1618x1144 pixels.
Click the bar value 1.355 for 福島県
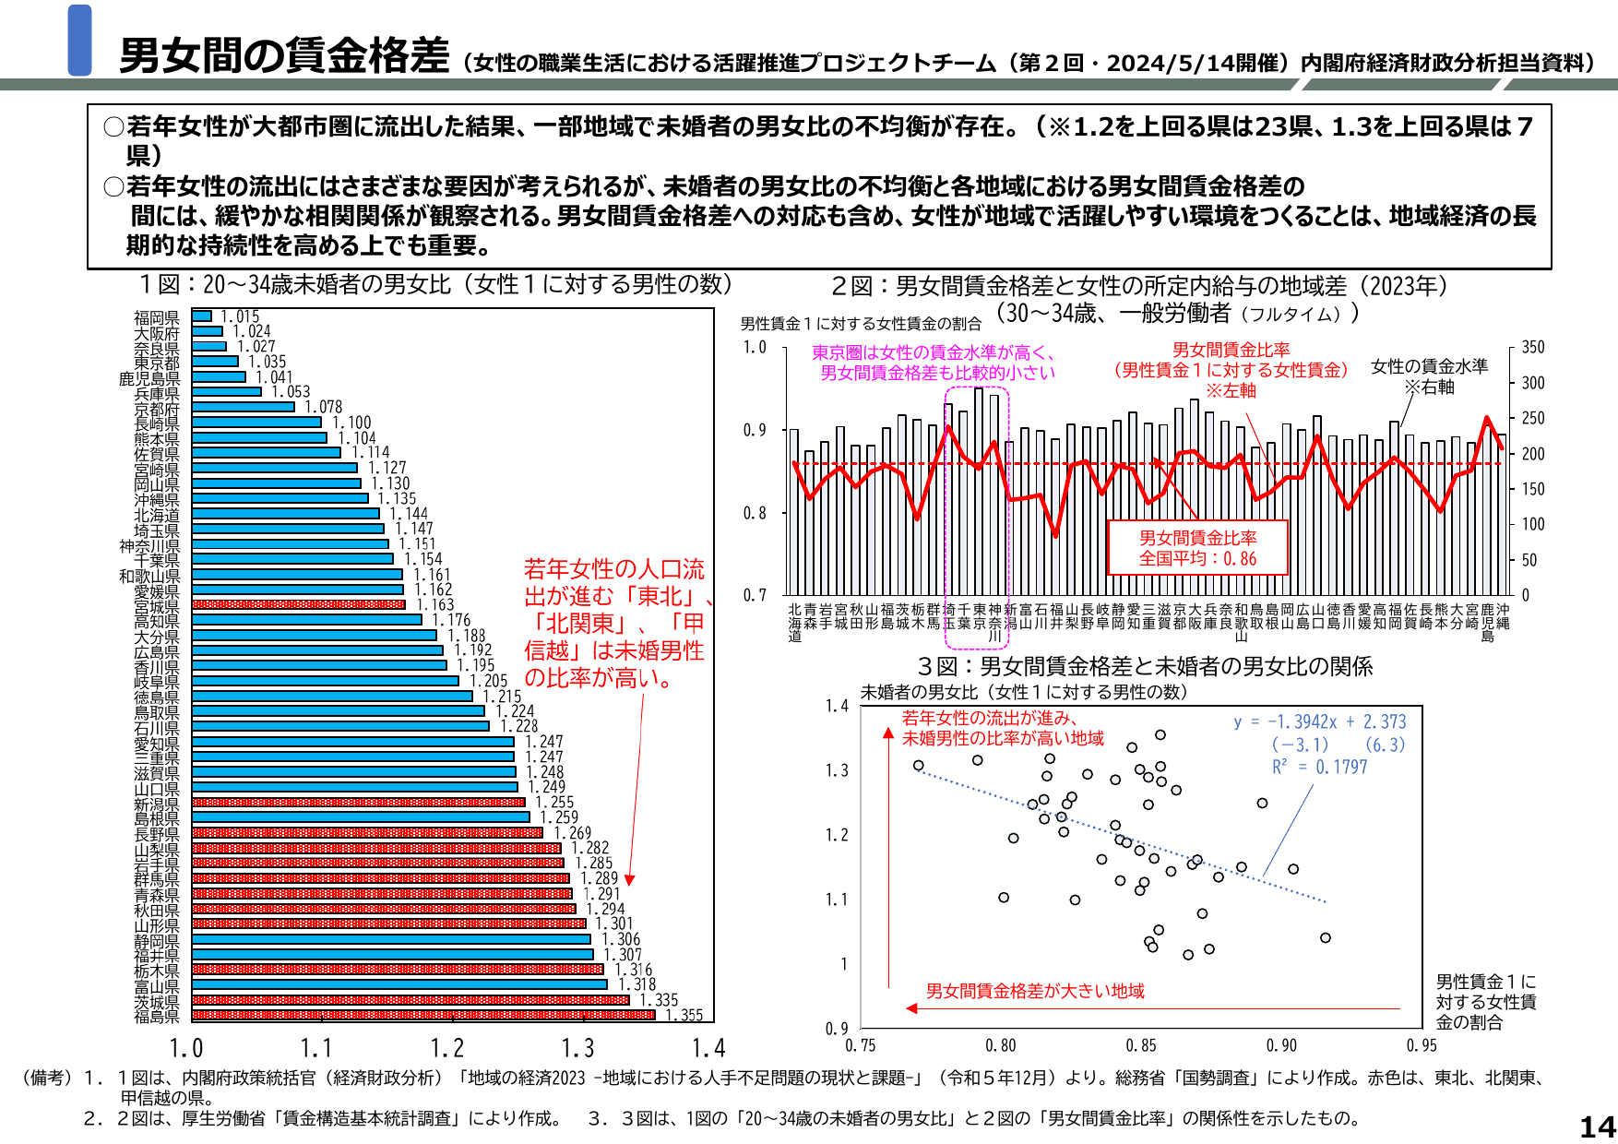point(684,1015)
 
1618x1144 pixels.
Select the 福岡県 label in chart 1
point(157,318)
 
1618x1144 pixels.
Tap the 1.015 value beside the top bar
point(240,316)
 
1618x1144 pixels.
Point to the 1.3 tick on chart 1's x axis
point(578,1048)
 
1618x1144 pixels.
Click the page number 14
point(1597,1126)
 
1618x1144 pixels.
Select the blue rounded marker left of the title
point(80,40)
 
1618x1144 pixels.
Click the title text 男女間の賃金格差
point(284,55)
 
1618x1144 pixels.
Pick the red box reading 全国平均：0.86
point(1197,548)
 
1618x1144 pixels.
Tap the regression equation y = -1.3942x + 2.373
point(1320,721)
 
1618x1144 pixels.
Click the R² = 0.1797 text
point(1319,767)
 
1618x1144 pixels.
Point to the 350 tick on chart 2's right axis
point(1532,347)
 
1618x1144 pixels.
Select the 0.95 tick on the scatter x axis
point(1421,1045)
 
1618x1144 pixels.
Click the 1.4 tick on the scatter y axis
point(837,706)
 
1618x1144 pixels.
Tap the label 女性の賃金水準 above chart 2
point(1429,366)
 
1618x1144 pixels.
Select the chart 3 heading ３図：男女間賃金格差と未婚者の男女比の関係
point(1145,666)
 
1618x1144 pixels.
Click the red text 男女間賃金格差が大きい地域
point(1034,991)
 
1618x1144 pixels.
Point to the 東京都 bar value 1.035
point(267,362)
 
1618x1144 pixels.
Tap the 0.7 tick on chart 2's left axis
point(754,595)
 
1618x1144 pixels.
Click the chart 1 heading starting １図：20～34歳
point(434,284)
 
